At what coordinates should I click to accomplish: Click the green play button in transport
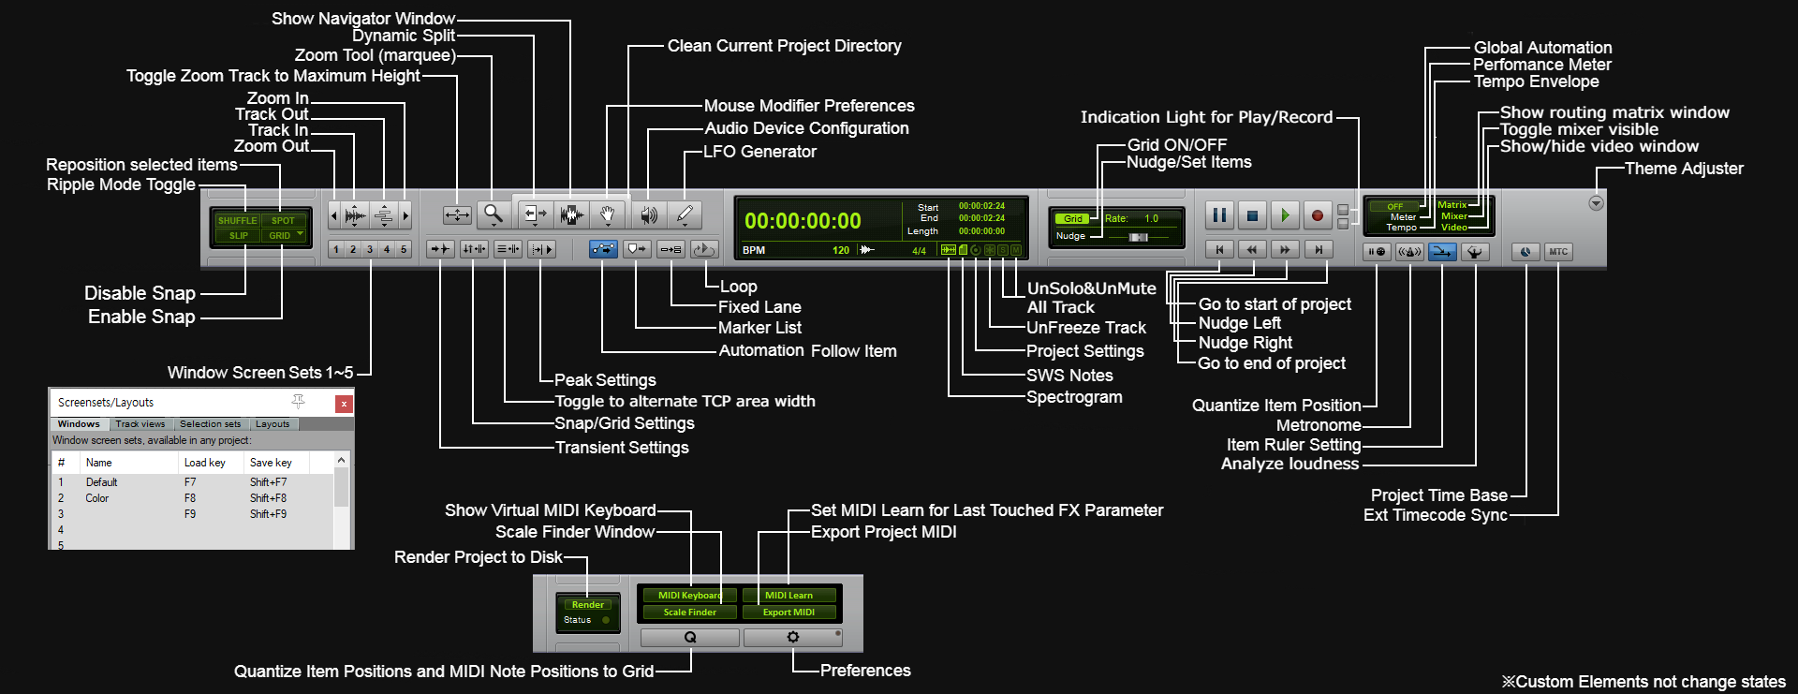coord(1285,215)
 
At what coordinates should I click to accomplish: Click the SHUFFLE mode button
coord(237,221)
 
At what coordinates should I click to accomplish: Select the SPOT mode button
coord(283,221)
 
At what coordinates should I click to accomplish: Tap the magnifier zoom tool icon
coord(494,214)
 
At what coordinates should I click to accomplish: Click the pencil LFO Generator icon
coord(685,214)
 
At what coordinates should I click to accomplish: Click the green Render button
coord(587,605)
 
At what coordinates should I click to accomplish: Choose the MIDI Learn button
coord(788,596)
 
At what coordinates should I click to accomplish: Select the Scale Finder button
coord(689,613)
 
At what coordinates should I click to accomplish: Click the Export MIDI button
coord(788,613)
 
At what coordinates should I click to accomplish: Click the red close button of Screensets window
coord(344,404)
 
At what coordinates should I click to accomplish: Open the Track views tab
coord(140,424)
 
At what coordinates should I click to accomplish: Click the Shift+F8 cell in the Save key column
coord(268,498)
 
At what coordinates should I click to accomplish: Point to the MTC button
coord(1558,251)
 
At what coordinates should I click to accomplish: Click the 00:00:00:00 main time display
coord(803,221)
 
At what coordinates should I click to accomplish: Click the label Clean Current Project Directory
coord(784,46)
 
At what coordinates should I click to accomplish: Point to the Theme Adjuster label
coord(1684,169)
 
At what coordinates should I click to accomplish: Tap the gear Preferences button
coord(793,637)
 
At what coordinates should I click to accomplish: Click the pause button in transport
coord(1219,215)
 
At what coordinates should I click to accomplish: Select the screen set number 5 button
coord(404,249)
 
